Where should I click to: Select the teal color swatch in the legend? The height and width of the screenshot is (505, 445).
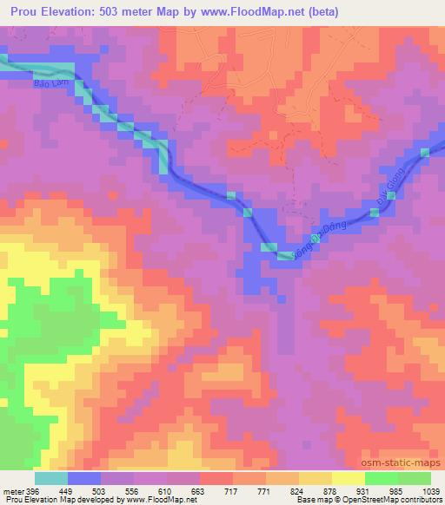click(51, 478)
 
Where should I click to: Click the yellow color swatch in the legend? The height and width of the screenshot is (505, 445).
click(348, 478)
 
